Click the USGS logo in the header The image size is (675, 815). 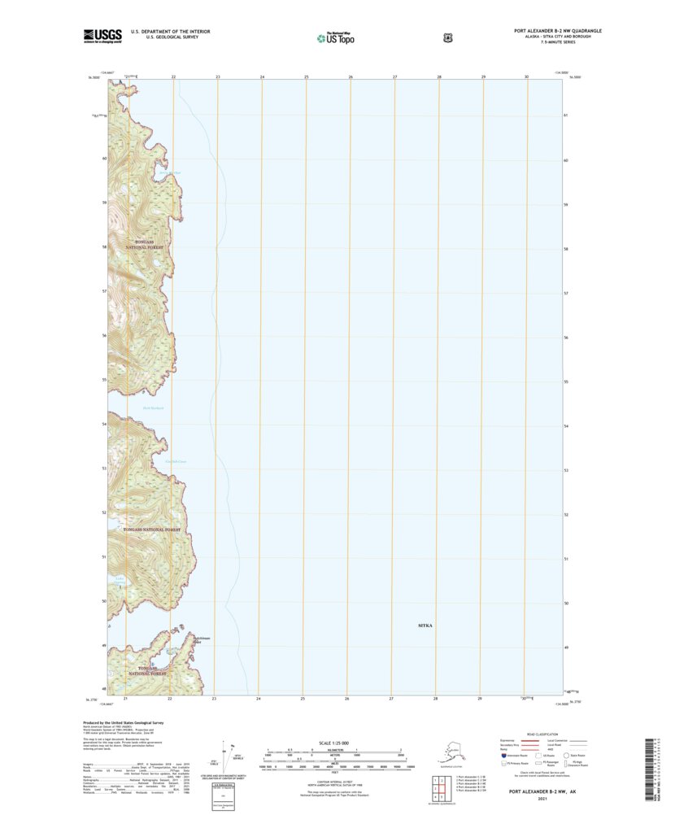[x=102, y=35]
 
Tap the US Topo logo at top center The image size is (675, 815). [x=335, y=37]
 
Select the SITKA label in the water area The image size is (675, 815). [x=425, y=626]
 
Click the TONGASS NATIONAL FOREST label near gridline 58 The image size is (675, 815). [x=144, y=246]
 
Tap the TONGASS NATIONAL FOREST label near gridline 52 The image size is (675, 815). [x=151, y=530]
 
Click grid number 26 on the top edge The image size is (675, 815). [x=351, y=76]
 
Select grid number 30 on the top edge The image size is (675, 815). [x=527, y=76]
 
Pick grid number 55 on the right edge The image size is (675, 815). [x=565, y=381]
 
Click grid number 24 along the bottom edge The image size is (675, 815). [x=259, y=699]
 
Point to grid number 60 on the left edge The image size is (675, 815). [x=104, y=159]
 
